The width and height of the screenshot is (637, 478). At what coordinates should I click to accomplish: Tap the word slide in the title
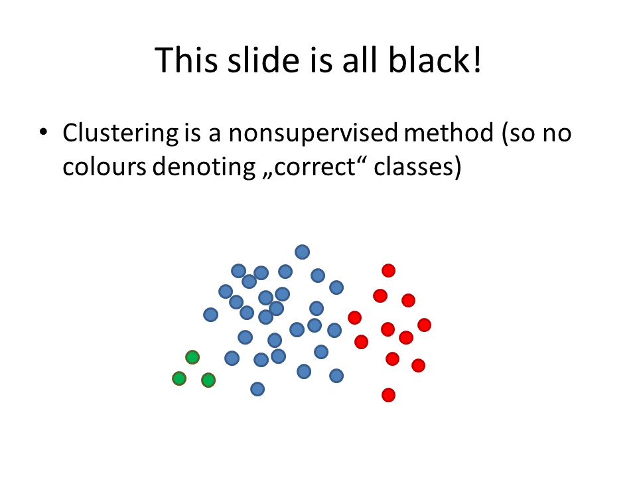263,60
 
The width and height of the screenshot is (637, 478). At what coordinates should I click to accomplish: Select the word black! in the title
435,60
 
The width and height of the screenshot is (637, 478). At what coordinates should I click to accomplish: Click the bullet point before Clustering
44,132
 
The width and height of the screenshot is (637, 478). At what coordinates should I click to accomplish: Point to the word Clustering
121,133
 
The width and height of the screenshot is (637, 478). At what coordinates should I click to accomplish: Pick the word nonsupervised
313,133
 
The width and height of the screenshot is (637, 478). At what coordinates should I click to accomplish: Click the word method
449,133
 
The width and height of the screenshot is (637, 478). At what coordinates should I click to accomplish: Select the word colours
104,167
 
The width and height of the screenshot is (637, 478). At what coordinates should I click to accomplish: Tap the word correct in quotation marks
315,167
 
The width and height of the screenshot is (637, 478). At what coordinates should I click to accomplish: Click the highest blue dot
303,252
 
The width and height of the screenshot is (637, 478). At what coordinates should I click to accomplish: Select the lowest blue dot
257,389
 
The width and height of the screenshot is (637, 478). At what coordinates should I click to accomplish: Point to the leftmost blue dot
210,315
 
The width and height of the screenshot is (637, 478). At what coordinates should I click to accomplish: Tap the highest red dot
388,270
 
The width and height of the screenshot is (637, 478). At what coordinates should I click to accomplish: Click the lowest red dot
388,394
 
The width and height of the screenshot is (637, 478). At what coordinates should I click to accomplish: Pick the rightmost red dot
424,325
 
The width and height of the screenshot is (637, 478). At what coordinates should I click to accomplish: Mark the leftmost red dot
354,317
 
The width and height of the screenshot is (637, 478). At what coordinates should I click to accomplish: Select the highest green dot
192,357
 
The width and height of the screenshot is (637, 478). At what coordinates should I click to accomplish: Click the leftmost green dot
179,378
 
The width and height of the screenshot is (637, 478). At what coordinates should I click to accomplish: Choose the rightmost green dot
208,380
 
